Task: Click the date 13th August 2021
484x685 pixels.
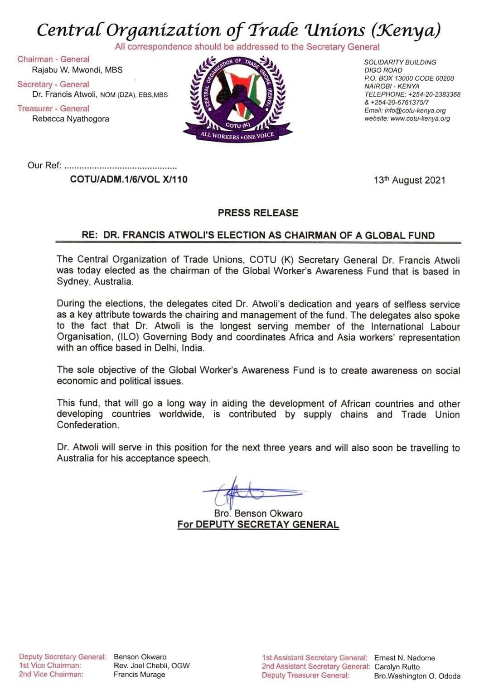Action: pos(409,180)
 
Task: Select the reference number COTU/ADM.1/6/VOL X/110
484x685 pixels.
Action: pos(129,179)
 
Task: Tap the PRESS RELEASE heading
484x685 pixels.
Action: pos(258,213)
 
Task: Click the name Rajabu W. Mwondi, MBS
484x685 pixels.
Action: pos(77,70)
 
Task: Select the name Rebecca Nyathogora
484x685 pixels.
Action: pos(71,119)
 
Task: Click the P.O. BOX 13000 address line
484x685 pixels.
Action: pos(409,78)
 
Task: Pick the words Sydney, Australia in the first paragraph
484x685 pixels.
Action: pos(95,281)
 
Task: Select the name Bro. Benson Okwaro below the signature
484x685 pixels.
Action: pos(258,513)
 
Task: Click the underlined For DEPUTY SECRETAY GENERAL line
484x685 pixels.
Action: pos(258,525)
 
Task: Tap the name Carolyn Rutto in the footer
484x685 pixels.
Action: pos(397,667)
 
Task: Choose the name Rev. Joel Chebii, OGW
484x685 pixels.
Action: pos(151,666)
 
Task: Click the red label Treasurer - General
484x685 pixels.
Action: pos(53,108)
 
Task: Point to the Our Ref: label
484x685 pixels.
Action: pos(44,165)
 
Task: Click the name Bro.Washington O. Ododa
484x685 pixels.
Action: pos(417,676)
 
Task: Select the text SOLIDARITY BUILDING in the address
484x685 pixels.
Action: pos(400,62)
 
